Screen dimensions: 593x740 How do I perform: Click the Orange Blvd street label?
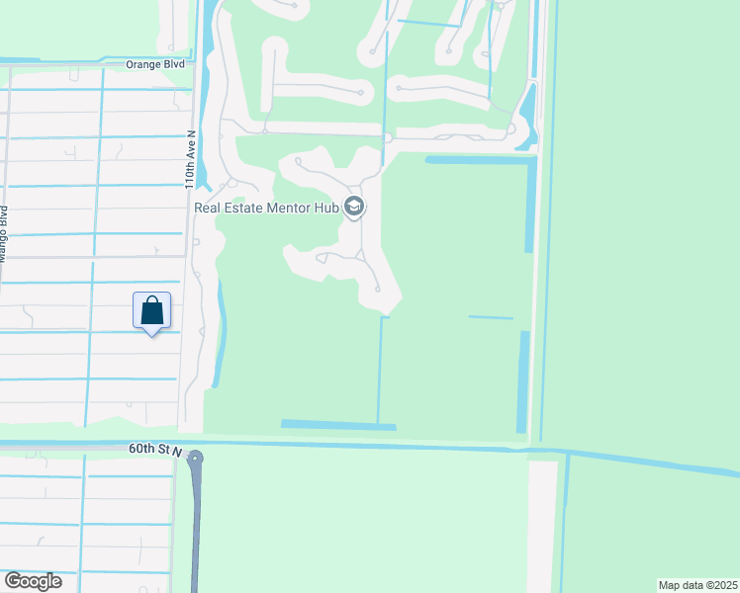[x=155, y=64]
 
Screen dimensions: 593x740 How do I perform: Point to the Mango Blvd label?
[x=3, y=234]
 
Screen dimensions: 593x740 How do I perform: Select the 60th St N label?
[x=155, y=449]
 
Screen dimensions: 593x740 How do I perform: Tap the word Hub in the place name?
[x=327, y=208]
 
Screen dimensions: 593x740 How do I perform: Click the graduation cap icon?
[x=354, y=208]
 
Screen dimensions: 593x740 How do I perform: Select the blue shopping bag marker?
[x=152, y=311]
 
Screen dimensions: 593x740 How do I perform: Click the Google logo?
[x=33, y=581]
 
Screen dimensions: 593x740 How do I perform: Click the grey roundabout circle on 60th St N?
[x=195, y=458]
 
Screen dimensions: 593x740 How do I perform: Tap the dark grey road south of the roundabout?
[x=194, y=534]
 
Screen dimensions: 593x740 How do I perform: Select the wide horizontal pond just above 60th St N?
[x=338, y=425]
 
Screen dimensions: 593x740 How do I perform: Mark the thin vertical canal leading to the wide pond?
[x=379, y=371]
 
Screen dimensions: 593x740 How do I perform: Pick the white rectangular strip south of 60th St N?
[x=541, y=524]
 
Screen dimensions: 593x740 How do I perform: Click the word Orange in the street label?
[x=143, y=64]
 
